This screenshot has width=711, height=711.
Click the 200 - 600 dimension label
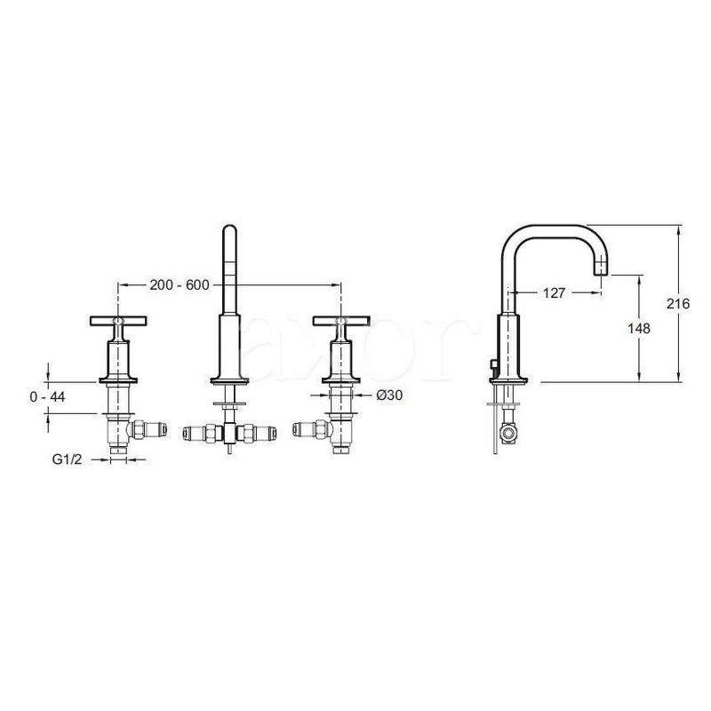tap(180, 285)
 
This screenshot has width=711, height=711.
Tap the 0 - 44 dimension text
tap(48, 396)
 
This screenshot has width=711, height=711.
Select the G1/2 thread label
tap(68, 459)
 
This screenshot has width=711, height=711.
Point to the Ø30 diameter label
tap(389, 395)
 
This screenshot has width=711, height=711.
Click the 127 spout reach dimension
tap(554, 293)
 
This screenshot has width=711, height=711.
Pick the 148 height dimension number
tap(638, 328)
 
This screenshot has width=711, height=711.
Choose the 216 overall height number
tap(678, 303)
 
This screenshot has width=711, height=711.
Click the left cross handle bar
tap(119, 321)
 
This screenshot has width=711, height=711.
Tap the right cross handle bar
tap(341, 321)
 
